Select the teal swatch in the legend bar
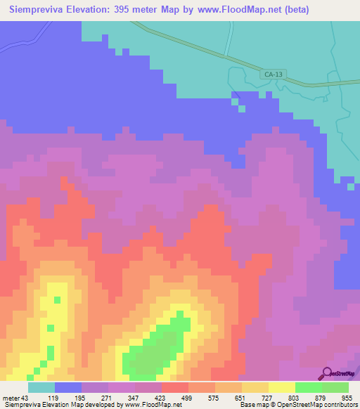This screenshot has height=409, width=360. pos(41,388)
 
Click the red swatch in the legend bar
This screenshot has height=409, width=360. pos(175,388)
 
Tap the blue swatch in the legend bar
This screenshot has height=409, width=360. pos(68,388)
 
